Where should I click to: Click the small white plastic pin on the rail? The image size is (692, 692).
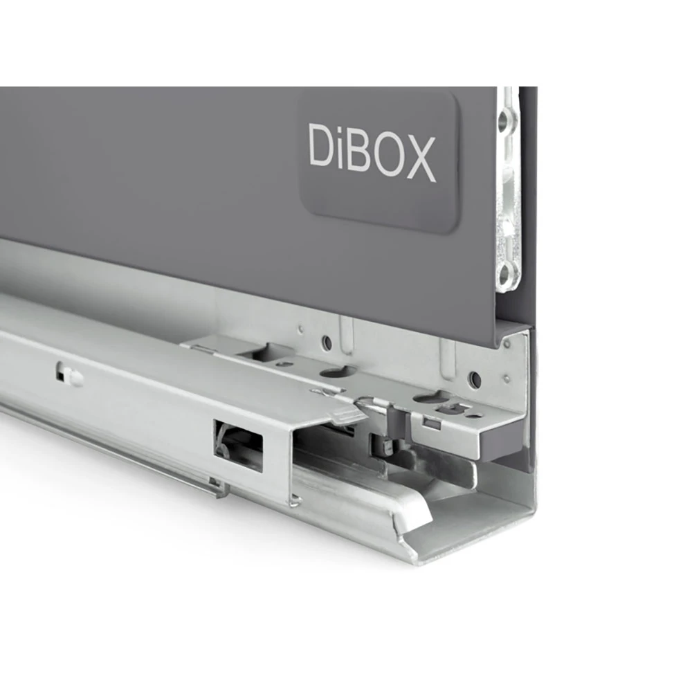70,377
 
